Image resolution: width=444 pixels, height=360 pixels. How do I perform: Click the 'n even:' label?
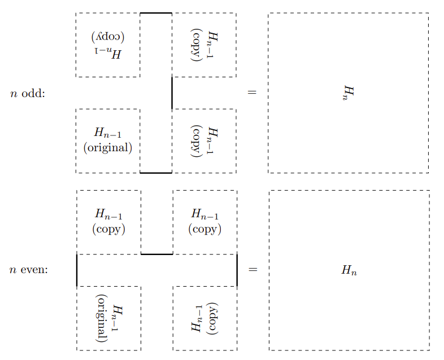pos(29,270)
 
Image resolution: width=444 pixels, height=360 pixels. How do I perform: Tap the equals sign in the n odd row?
pos(252,93)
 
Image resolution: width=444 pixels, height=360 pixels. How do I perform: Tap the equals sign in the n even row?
pos(253,270)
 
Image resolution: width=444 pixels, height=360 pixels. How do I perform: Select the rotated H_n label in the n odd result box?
pos(349,93)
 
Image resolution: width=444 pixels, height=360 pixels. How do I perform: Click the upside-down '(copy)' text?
pos(108,38)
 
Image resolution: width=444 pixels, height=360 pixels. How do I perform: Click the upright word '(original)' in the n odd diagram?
pos(108,148)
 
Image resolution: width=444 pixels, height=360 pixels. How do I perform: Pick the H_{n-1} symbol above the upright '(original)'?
pos(108,134)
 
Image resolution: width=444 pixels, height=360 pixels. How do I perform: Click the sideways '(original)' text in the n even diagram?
pos(102,318)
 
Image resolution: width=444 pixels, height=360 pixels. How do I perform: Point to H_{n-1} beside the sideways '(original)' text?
pos(117,319)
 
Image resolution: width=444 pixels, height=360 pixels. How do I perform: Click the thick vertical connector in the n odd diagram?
pos(172,93)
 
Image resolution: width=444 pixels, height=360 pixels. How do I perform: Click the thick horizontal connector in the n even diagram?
pos(156,254)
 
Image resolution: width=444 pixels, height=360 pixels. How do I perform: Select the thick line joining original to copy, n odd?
pos(156,173)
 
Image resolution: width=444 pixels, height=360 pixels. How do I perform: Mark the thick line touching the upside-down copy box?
pos(156,12)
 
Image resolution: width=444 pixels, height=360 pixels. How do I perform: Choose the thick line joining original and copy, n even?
pos(76,270)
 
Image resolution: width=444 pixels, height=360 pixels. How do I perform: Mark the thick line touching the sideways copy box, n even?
pos(237,270)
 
